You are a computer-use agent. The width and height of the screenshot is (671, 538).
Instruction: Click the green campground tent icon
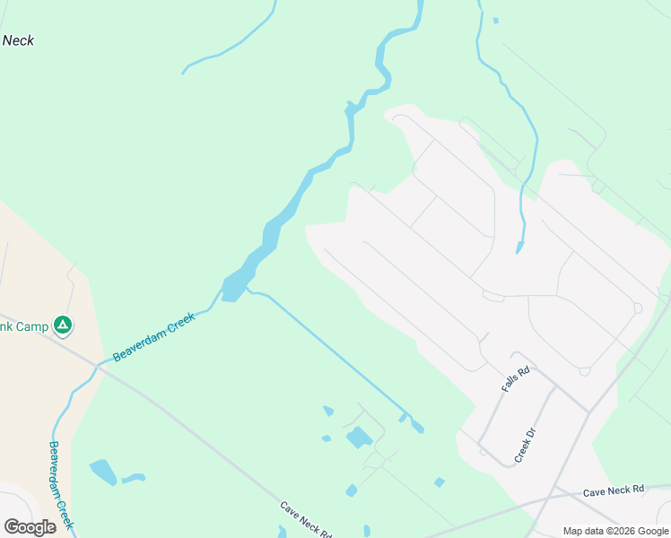point(62,325)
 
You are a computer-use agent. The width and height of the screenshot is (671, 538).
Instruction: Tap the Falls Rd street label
point(517,379)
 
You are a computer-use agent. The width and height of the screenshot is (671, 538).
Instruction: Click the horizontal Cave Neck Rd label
point(614,490)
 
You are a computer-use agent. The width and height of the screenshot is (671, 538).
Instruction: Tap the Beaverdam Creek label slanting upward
point(153,336)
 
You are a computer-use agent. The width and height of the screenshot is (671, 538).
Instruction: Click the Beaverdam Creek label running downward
point(62,484)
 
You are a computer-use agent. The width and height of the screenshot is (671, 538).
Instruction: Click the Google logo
point(30,526)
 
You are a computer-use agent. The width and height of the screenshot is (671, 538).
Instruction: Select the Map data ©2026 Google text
point(615,531)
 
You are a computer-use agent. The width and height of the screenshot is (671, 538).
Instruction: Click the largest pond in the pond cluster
point(359,438)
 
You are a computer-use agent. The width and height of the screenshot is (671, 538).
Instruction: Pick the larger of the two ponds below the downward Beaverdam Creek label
point(102,471)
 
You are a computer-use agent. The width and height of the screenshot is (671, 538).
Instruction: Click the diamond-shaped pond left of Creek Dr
point(439,482)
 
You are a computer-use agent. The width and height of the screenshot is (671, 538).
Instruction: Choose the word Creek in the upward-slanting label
point(177,323)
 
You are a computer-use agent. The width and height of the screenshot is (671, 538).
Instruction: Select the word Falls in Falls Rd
point(512,384)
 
